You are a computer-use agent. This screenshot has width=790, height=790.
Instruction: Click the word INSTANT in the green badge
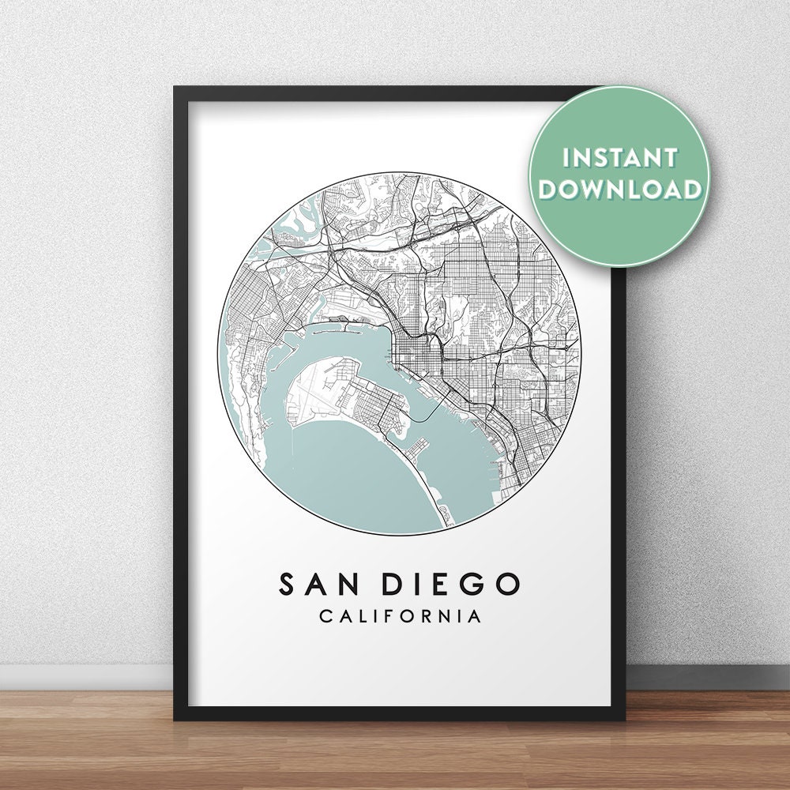click(620, 156)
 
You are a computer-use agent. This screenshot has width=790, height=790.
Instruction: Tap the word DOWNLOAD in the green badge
click(621, 189)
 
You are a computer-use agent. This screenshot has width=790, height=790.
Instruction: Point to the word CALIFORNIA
click(400, 616)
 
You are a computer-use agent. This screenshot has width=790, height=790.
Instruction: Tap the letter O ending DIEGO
click(507, 585)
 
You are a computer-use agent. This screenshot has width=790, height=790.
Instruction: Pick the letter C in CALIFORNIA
click(325, 616)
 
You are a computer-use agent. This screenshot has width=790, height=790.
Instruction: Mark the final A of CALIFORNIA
click(475, 616)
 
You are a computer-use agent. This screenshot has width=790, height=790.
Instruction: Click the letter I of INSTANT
click(566, 156)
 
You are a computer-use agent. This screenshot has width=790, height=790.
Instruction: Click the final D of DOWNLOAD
click(691, 189)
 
